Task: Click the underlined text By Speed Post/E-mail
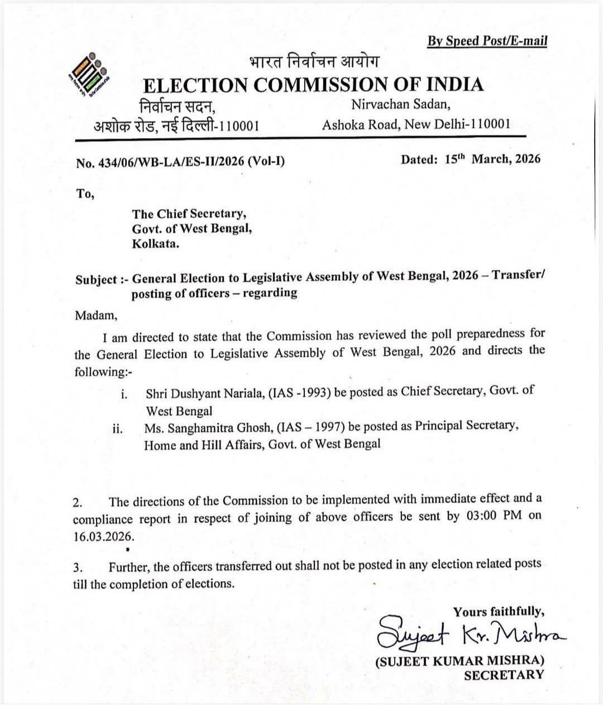coord(487,41)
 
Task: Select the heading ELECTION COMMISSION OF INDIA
coord(313,85)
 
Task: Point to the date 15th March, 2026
coord(492,159)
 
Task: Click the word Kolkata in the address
coord(155,243)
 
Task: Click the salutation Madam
coord(96,315)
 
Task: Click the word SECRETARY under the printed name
coord(504,675)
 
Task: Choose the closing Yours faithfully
coord(499,612)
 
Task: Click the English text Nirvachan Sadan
coord(400,104)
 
